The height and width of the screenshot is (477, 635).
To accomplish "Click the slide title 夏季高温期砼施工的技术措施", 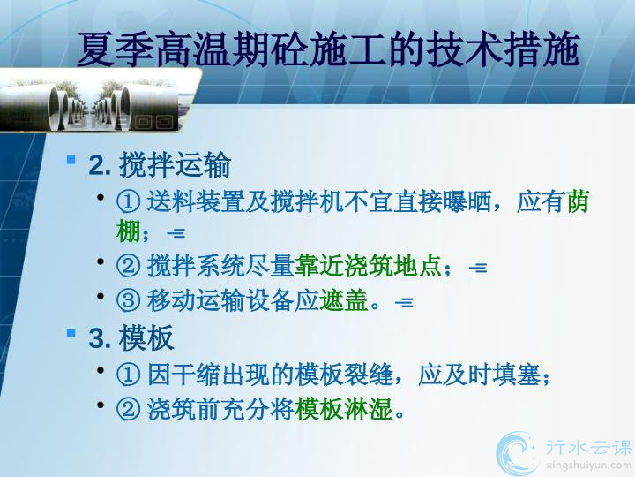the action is [328, 49].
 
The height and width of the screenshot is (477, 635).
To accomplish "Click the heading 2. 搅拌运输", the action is [160, 165].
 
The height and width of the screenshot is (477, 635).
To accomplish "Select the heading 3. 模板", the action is [131, 337].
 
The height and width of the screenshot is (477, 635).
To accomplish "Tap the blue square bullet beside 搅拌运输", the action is [71, 159].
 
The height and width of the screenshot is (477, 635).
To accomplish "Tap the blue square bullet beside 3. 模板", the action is [71, 333].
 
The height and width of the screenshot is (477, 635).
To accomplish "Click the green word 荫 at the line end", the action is [577, 201].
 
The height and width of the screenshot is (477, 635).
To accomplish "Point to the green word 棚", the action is [129, 231].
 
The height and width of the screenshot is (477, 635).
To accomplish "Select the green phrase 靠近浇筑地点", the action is [368, 266].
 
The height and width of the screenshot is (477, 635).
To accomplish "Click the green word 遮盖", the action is [343, 300].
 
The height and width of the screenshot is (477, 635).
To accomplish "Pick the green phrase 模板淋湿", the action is [344, 409].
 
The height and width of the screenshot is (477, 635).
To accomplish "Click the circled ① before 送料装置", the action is [129, 201].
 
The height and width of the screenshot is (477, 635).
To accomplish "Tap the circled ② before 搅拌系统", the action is [129, 267].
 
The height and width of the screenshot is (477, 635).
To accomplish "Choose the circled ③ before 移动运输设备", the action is [129, 301].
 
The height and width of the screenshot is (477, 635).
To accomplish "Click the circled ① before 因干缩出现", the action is [129, 375].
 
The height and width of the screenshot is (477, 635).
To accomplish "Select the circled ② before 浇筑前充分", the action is [129, 409].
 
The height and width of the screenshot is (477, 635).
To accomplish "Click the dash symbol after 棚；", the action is [176, 233].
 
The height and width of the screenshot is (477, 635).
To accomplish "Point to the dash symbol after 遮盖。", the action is [404, 303].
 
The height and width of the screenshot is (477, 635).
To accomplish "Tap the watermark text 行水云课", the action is [589, 447].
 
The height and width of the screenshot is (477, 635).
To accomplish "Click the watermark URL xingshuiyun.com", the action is [589, 466].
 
